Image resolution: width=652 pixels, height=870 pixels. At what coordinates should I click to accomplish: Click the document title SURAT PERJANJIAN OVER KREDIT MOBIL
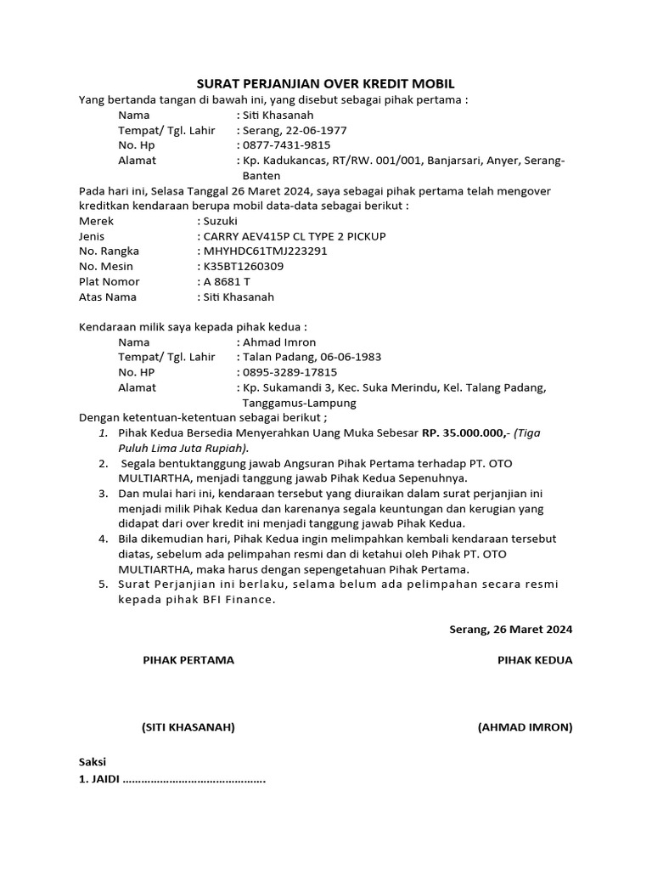coord(326,83)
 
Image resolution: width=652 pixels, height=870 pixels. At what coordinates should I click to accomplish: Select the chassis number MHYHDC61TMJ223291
coord(265,251)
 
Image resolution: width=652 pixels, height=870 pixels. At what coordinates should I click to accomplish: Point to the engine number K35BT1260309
coord(244,266)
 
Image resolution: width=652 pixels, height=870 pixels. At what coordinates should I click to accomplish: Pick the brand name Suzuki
coord(222,220)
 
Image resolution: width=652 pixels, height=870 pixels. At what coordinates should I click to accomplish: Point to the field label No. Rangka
coord(109,251)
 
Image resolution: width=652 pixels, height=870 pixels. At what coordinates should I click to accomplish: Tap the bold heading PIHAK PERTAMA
coord(188,660)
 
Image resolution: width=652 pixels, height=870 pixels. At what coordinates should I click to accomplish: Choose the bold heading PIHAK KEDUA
coord(535,660)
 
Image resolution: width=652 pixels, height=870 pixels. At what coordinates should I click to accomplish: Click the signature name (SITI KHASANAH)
coord(188,727)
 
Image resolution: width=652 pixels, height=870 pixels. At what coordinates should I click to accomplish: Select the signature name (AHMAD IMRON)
coord(526,727)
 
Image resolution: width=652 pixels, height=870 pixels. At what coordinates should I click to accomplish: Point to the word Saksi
coord(93,762)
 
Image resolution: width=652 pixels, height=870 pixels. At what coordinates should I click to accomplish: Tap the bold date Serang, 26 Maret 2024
coord(510,630)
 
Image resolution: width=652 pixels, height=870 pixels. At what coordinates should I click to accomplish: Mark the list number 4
coord(102,540)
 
